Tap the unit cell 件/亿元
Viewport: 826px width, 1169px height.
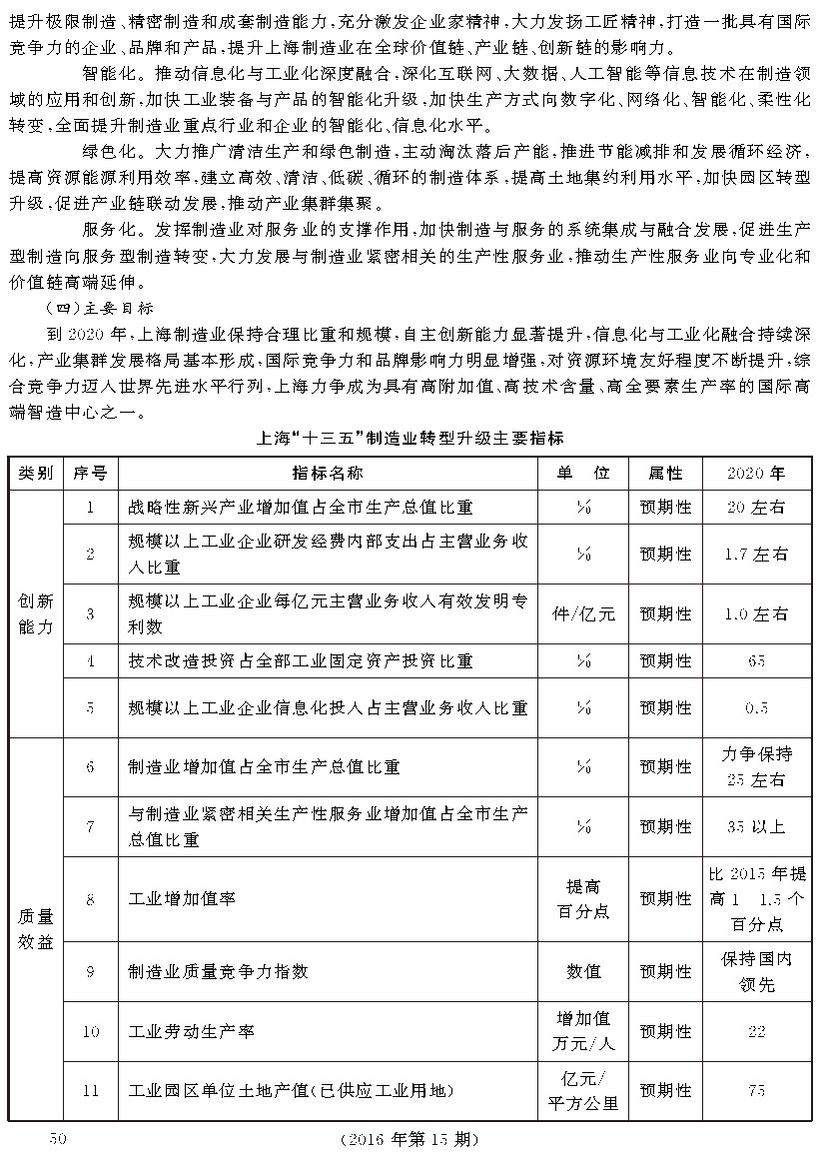pos(585,613)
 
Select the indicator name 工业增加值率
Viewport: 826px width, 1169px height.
pos(183,898)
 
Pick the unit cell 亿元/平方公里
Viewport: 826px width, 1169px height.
pos(585,1090)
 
